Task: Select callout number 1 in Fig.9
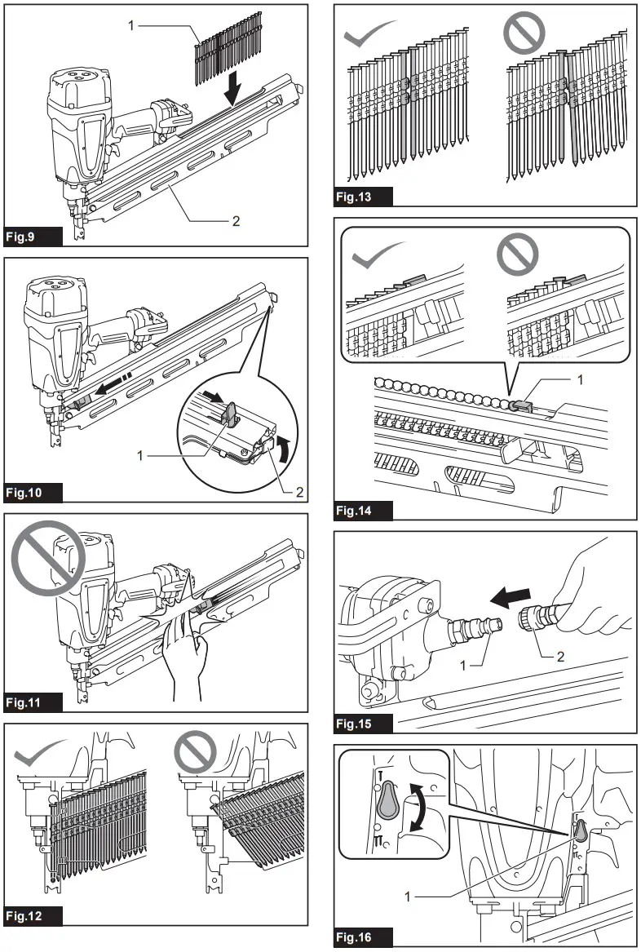click(x=131, y=26)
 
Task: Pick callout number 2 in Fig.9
click(x=236, y=221)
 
